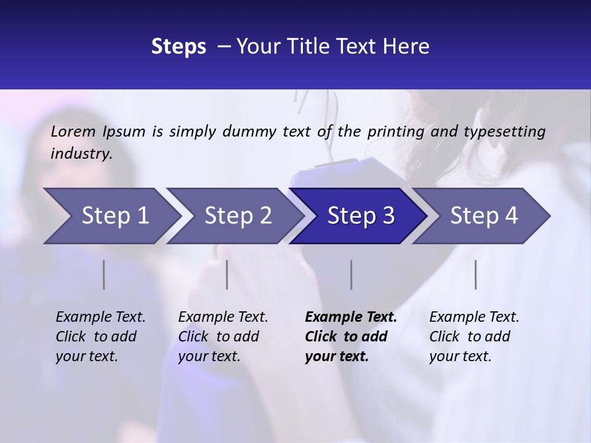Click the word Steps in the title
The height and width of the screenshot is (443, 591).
179,47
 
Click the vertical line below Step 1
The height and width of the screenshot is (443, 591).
104,274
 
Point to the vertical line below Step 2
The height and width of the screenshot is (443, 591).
227,274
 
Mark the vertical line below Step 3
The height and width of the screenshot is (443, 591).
352,274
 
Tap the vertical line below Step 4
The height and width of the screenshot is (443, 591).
476,274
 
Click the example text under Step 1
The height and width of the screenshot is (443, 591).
100,337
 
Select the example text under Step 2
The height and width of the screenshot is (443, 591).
223,337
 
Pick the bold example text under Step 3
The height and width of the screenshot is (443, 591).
350,337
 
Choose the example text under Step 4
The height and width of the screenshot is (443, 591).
474,337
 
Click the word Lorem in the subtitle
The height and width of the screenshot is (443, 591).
73,131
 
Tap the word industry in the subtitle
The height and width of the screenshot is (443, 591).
81,153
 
